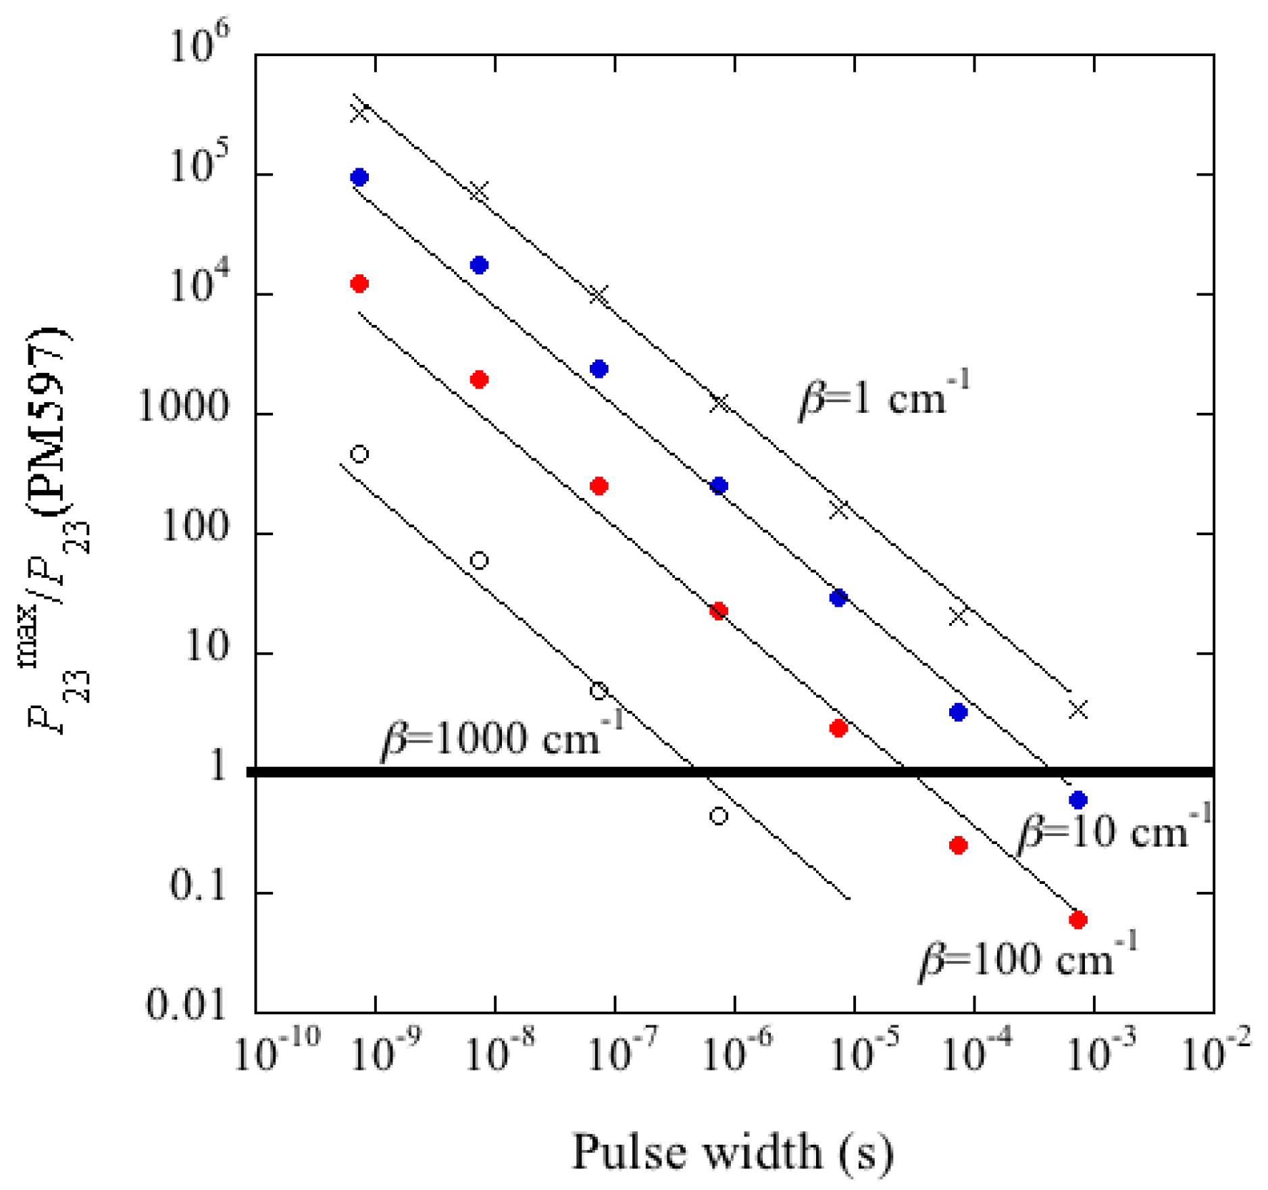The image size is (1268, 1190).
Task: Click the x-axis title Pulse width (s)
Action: [x=732, y=1151]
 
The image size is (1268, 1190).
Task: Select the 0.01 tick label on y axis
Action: [x=185, y=1005]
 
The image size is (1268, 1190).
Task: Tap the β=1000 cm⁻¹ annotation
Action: [x=501, y=737]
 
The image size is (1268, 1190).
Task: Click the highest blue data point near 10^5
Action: [x=359, y=177]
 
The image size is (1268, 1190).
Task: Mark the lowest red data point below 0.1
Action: [x=1078, y=920]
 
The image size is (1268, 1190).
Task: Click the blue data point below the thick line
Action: [x=1078, y=800]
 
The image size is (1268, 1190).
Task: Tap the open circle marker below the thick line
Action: [x=719, y=816]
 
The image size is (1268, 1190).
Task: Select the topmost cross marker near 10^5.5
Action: [x=359, y=112]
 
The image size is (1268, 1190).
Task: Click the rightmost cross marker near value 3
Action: [x=1078, y=710]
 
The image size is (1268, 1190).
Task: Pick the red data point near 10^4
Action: [x=359, y=283]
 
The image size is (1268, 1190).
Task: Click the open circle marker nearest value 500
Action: [x=359, y=453]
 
